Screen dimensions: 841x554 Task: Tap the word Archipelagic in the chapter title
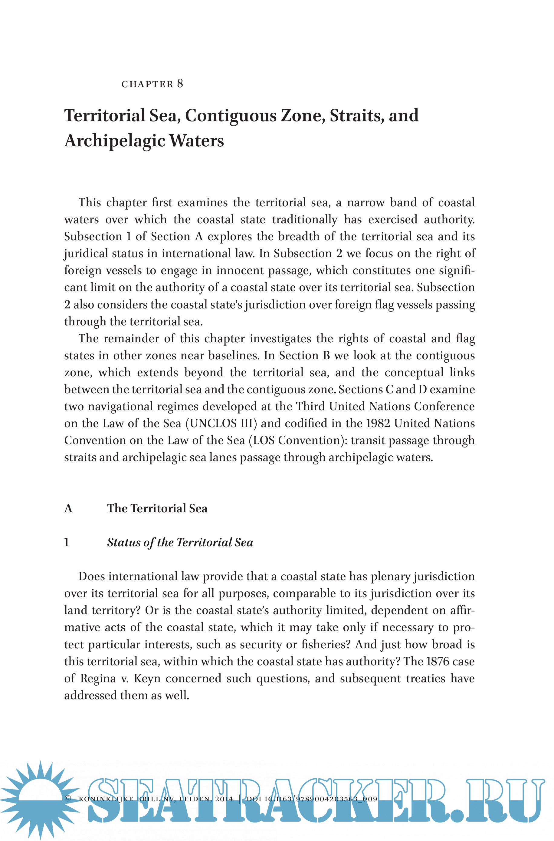click(x=115, y=141)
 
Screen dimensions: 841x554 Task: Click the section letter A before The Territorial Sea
click(x=68, y=508)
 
